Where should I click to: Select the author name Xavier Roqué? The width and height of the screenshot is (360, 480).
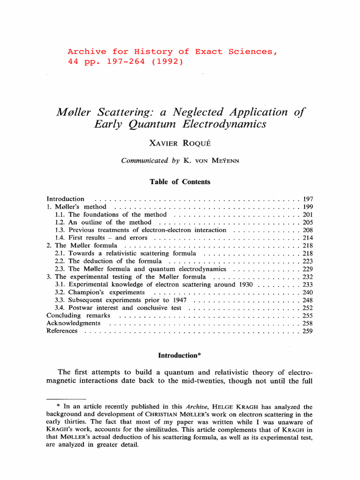[180, 142]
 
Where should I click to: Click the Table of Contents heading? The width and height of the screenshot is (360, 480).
[180, 182]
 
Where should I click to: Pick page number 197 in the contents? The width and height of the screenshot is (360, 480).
[307, 199]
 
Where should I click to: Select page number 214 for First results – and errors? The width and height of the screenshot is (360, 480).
[307, 238]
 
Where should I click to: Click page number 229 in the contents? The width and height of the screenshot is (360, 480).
[307, 269]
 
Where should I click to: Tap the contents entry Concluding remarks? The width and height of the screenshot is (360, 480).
[78, 315]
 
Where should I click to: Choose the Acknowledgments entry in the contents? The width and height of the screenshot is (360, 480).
[73, 323]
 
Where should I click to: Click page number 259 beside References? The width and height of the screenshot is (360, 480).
[307, 331]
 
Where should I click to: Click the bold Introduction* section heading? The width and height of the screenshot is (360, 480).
[180, 356]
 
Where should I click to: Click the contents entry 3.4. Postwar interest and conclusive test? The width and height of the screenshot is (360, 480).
[119, 307]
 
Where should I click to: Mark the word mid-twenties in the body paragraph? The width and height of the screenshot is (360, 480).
[190, 381]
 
